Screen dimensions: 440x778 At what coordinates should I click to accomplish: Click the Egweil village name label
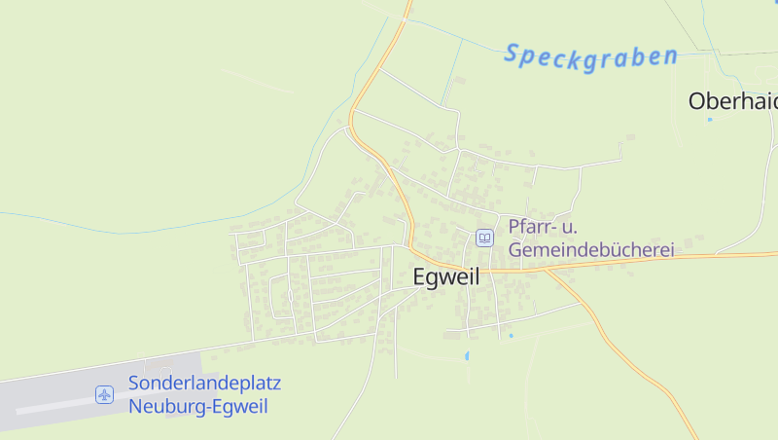446,276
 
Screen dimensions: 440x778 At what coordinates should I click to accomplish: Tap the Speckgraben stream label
589,55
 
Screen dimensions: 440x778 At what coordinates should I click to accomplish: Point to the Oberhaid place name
732,101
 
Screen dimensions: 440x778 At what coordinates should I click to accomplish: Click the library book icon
483,238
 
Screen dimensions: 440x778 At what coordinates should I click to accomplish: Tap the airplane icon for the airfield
105,394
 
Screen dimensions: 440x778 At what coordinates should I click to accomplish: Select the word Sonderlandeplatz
204,384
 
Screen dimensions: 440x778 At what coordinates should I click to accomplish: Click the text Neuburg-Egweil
197,407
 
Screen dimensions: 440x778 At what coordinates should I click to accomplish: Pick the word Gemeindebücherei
591,250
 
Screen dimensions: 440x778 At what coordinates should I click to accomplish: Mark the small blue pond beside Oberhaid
710,120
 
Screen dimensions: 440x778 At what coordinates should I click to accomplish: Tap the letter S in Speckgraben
512,53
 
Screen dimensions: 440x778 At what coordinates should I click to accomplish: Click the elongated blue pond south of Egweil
467,355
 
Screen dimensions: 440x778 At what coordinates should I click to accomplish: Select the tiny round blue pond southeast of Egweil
511,336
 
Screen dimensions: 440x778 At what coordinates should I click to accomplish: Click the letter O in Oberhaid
697,101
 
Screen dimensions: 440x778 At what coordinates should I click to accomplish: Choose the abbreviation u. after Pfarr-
569,227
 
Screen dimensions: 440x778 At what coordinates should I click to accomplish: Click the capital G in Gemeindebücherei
515,250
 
